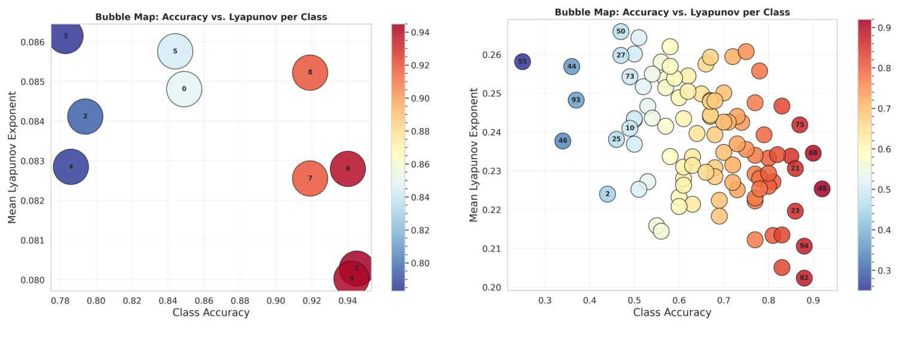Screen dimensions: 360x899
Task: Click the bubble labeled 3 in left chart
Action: click(x=65, y=36)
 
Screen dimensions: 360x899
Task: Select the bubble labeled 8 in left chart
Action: click(x=310, y=72)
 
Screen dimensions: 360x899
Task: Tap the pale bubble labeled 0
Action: click(x=184, y=89)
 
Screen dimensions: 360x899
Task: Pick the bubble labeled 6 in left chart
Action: click(x=347, y=169)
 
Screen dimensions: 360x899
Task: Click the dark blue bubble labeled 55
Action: click(x=522, y=62)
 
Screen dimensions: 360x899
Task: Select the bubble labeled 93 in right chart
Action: click(x=576, y=100)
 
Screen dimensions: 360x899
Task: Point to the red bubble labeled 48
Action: click(x=822, y=189)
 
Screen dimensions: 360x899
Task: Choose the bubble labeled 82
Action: click(x=804, y=278)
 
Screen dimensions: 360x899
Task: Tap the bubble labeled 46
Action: click(x=562, y=141)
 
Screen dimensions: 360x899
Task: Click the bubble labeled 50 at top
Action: click(x=620, y=31)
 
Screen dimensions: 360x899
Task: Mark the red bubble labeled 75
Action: click(x=800, y=125)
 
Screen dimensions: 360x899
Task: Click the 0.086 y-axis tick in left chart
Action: click(x=33, y=42)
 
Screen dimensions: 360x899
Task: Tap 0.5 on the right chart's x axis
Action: click(x=634, y=299)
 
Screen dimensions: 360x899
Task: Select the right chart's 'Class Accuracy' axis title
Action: click(x=672, y=312)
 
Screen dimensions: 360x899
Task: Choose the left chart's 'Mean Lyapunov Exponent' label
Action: click(x=13, y=157)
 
